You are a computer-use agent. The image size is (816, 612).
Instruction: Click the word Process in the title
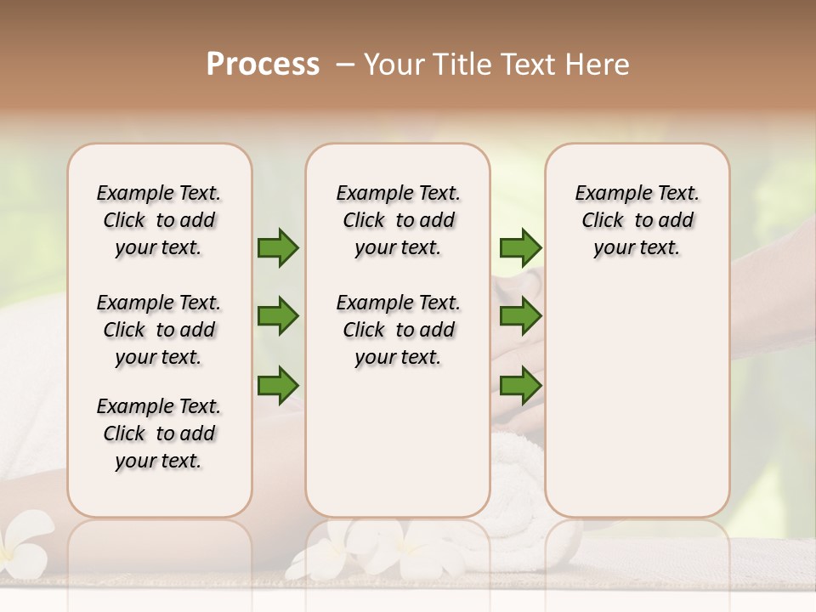coord(263,64)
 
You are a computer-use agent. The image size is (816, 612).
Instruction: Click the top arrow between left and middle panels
coord(278,247)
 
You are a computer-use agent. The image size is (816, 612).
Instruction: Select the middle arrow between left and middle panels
coord(278,316)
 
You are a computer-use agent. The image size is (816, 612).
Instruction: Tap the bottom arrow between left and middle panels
coord(278,384)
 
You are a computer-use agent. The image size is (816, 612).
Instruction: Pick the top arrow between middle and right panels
coord(520,247)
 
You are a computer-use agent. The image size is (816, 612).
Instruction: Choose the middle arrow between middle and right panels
coord(520,316)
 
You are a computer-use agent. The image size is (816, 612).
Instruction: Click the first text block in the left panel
coord(159,220)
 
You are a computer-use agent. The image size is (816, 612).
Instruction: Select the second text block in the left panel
coord(159,330)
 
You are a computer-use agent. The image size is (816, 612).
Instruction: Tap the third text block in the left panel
coord(159,433)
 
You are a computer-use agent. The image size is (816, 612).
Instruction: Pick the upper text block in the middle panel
coord(398,220)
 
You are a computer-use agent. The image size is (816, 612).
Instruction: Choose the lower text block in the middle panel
coord(398,330)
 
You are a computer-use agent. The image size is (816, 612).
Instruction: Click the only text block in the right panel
coord(637,220)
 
